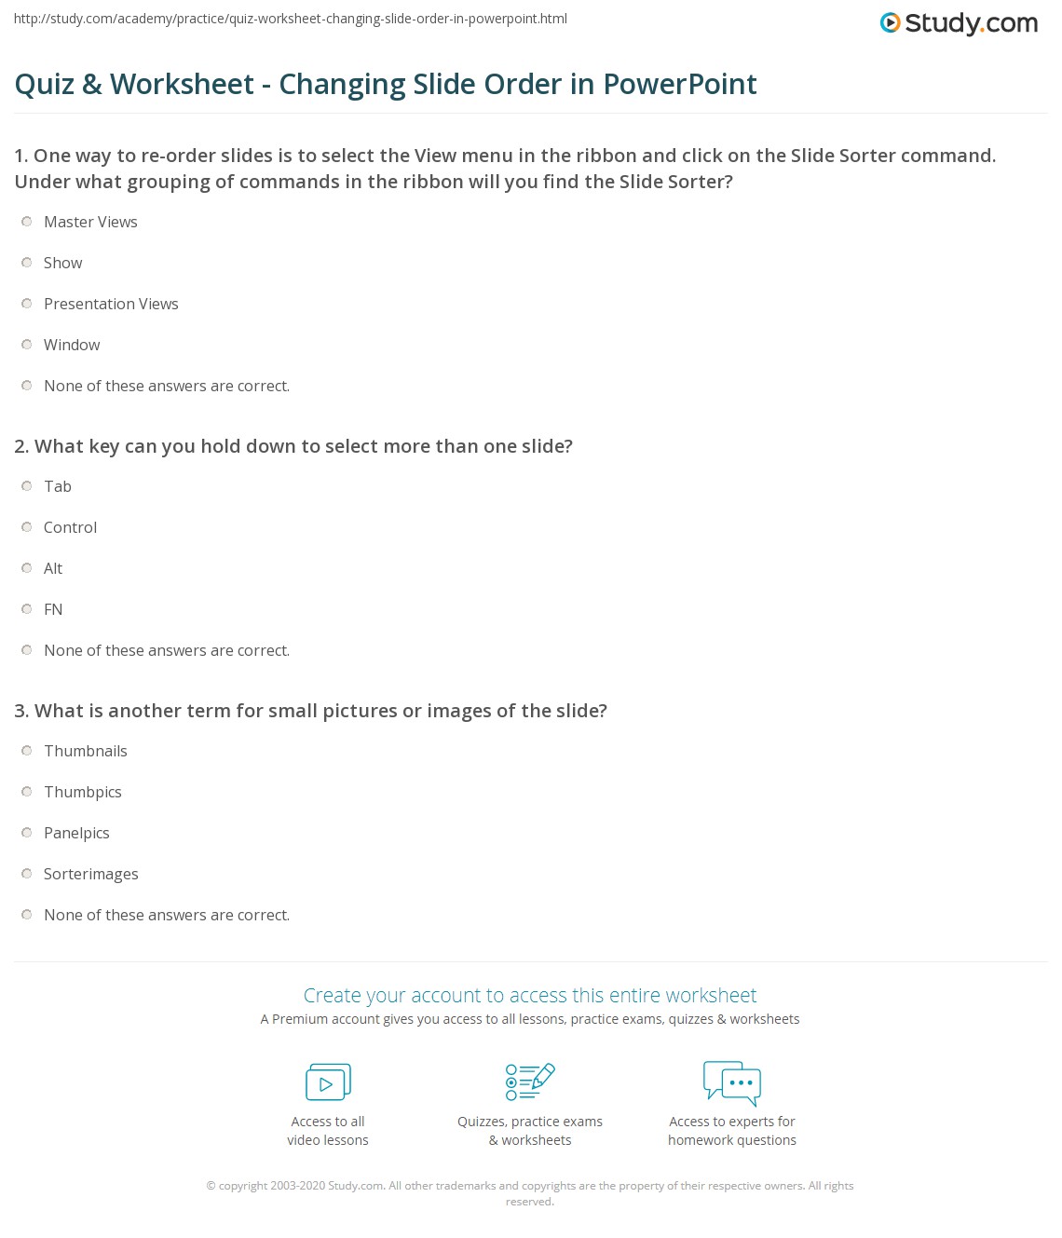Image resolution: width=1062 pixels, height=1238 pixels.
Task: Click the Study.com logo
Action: (959, 23)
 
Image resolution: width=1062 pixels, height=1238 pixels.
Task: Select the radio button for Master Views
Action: (27, 222)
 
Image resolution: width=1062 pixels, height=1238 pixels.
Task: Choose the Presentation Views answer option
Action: (111, 304)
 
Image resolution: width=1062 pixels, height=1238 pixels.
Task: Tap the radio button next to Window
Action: (27, 345)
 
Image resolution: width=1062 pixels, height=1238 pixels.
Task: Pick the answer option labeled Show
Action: (62, 263)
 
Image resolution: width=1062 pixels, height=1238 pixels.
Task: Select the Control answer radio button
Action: (27, 527)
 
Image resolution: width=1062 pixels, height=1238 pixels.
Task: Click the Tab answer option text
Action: (58, 486)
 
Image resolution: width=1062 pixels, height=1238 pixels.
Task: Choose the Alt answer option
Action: (53, 568)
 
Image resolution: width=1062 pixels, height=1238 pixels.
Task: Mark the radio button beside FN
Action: (27, 609)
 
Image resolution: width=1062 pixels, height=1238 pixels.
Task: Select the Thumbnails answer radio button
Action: (27, 751)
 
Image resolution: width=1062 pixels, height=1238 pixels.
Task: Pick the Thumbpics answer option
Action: (83, 792)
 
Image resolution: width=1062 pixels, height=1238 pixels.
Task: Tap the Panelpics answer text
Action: (76, 833)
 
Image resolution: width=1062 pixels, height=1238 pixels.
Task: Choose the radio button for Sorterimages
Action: (27, 874)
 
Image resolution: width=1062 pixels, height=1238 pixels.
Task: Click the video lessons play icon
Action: (328, 1082)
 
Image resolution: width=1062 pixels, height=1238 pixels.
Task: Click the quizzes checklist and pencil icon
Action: (529, 1082)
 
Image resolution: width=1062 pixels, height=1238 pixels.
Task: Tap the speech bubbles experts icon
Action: (732, 1082)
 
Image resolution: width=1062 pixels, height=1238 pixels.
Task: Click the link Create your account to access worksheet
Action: (530, 995)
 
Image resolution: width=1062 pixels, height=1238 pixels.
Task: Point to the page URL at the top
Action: (291, 19)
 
